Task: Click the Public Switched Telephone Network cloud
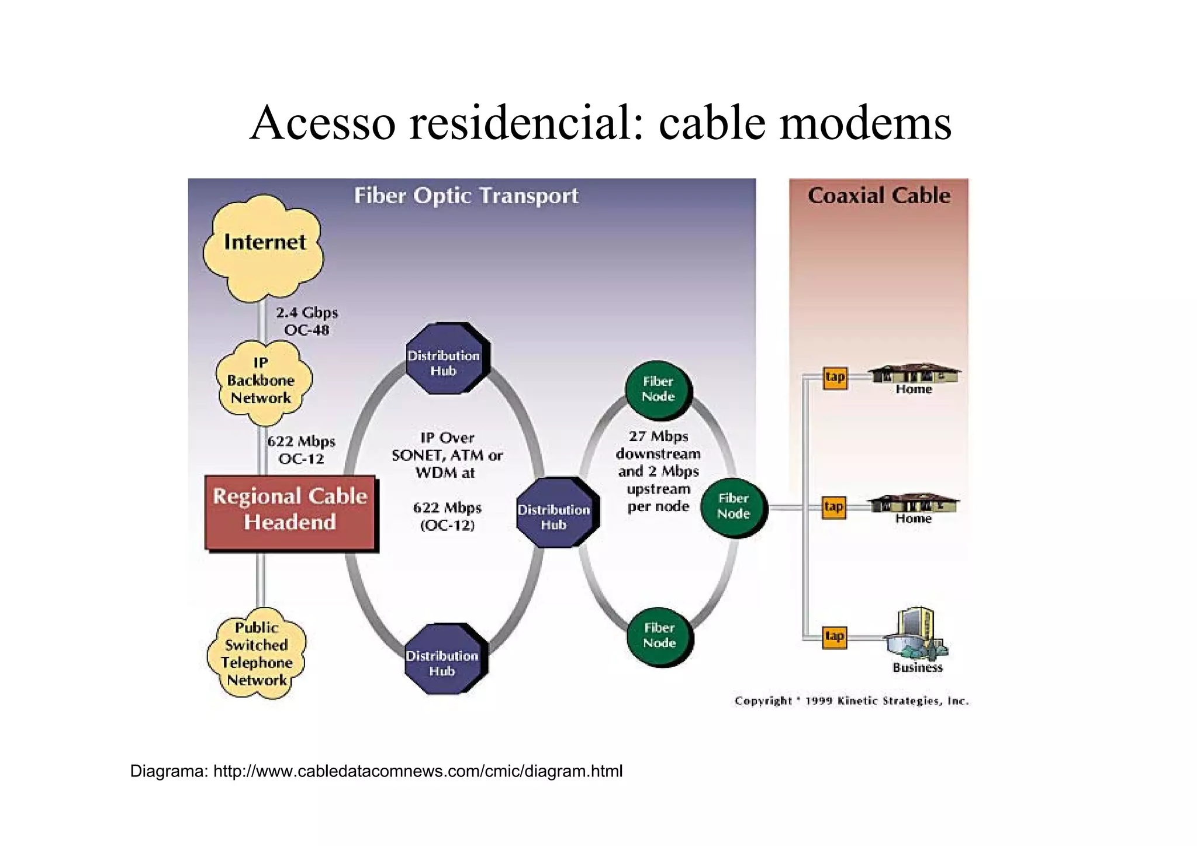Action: [257, 654]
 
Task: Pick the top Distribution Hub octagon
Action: [446, 359]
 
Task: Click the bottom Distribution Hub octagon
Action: [444, 659]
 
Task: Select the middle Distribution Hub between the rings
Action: [556, 513]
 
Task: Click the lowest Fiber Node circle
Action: [660, 636]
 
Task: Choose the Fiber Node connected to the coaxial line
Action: [734, 507]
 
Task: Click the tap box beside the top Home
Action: [835, 377]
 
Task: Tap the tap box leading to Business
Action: [835, 637]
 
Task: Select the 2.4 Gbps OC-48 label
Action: [306, 321]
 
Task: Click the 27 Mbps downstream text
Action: [658, 445]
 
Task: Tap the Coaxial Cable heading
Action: [878, 195]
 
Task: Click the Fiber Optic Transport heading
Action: [466, 195]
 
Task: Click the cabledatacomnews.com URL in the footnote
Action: [417, 771]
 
